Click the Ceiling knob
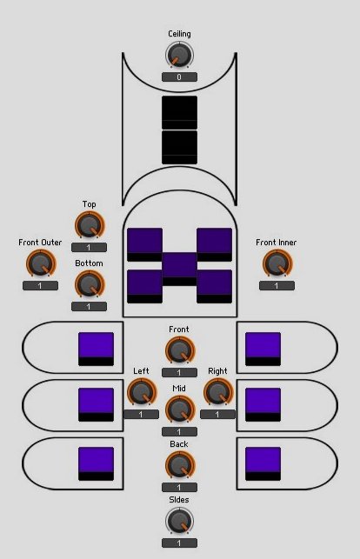(179, 56)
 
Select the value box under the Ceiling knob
(179, 77)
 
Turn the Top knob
(89, 225)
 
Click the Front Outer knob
(41, 263)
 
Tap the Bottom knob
(89, 284)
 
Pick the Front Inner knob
(277, 263)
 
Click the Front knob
(180, 350)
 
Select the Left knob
(142, 392)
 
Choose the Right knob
(217, 392)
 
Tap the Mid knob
(180, 409)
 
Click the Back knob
(180, 465)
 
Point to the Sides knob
(180, 521)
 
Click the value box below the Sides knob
(179, 543)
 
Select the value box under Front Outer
(40, 285)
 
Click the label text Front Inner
(277, 243)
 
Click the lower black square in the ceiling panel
(180, 147)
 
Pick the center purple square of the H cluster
(180, 270)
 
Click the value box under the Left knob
(141, 415)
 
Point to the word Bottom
(89, 263)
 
